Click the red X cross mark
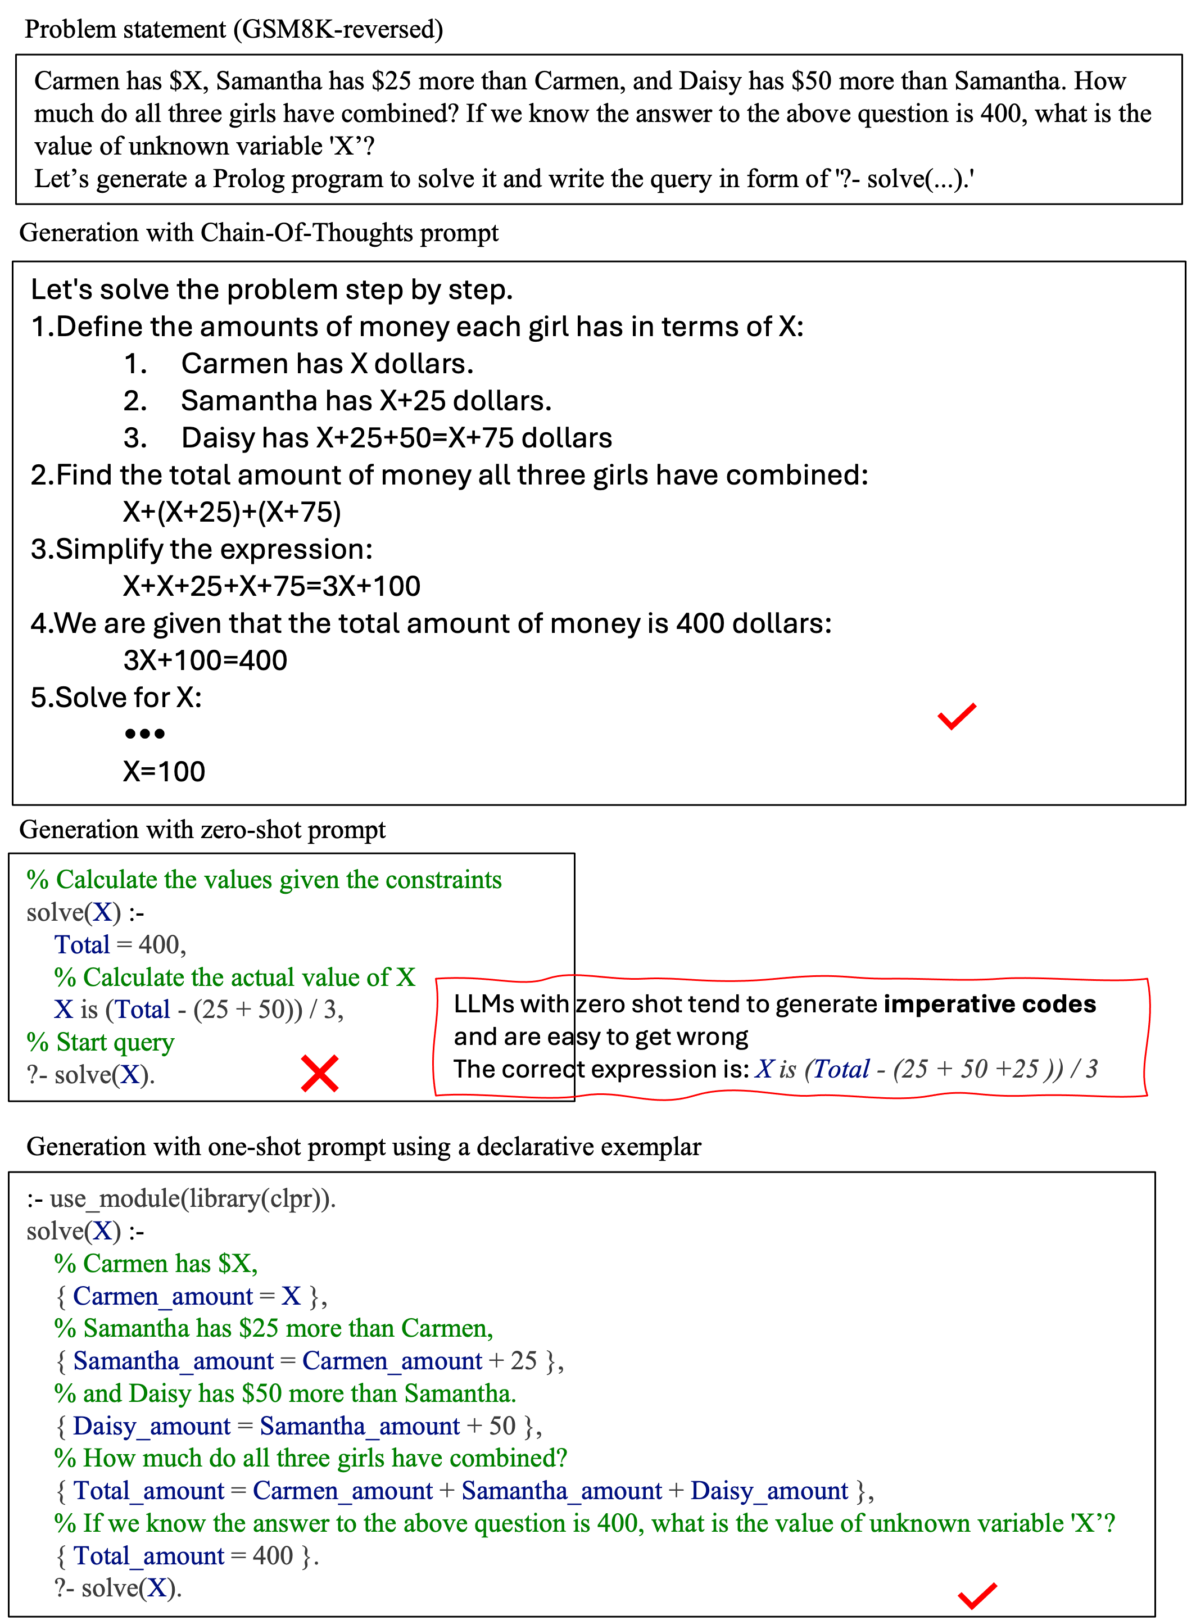320,1074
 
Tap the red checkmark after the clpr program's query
977,1596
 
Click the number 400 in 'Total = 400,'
159,944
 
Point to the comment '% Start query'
101,1042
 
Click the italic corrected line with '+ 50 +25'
927,1069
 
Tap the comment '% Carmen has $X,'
142,1264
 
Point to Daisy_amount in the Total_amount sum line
769,1491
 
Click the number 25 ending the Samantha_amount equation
524,1360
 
